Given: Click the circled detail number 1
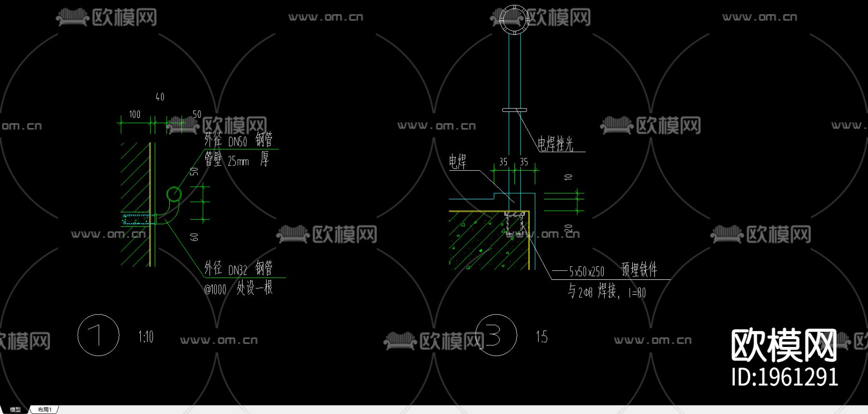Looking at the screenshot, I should [98, 335].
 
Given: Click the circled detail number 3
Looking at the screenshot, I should [496, 335].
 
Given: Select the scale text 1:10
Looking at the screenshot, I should [146, 336].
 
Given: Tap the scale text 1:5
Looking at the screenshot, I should [542, 336].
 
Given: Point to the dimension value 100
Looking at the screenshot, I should [135, 114].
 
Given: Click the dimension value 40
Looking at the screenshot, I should [160, 97].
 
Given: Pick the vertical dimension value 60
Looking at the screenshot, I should [194, 236].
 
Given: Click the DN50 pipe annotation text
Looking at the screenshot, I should [238, 141].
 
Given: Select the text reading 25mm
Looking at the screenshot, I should [238, 161].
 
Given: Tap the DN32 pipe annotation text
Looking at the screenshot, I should [238, 270].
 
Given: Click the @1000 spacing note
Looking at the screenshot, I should [215, 290].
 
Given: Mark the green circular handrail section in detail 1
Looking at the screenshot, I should [174, 194].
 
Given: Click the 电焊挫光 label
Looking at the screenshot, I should [556, 144].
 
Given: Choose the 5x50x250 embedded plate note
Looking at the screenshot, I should [586, 272].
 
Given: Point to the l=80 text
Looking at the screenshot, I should [637, 293].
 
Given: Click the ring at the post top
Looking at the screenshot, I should [515, 19].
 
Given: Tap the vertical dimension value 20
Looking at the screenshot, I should [569, 228].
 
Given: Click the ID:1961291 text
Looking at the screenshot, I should [785, 377].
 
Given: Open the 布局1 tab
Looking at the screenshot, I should [44, 410].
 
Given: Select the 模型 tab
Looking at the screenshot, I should [15, 410].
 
